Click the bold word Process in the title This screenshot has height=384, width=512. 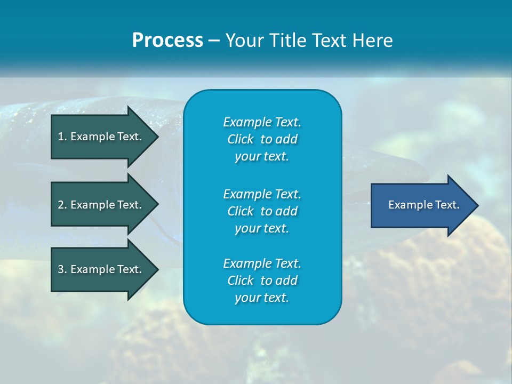tap(167, 41)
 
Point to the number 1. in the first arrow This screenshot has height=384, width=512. tap(62, 137)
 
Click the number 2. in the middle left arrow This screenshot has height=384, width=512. tap(62, 205)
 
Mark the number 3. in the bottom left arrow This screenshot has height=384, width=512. tap(62, 269)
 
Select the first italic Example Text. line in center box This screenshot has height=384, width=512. tap(262, 122)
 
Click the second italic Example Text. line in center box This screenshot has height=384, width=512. tap(262, 194)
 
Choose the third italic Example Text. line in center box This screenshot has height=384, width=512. tap(262, 263)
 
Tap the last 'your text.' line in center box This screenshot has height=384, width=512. tap(262, 298)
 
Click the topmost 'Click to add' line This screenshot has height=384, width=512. tap(262, 139)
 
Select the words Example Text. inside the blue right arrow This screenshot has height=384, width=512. tap(423, 205)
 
